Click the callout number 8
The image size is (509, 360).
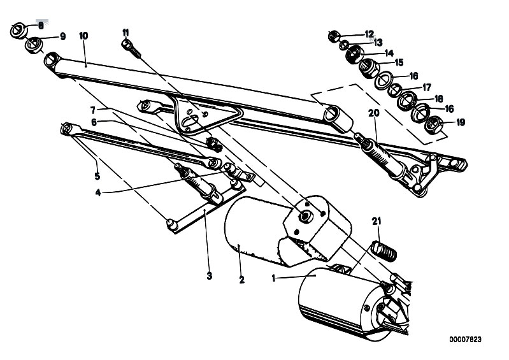click(x=41, y=25)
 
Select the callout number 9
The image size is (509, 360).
click(x=62, y=37)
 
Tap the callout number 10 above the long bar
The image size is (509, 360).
click(x=83, y=36)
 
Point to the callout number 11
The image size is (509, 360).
click(x=125, y=31)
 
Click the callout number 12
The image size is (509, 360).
click(x=369, y=33)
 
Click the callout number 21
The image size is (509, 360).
click(x=376, y=221)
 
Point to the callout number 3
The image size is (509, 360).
click(x=209, y=276)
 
